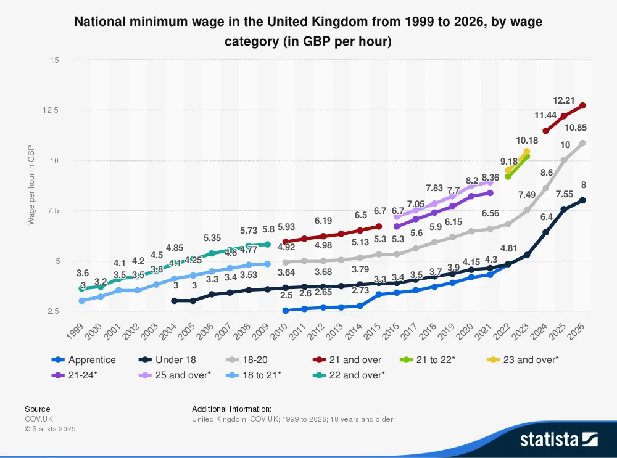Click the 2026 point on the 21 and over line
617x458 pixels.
tap(582, 105)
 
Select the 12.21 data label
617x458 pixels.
tap(564, 100)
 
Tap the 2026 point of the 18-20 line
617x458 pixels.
tap(582, 143)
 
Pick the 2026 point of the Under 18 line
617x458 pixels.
tap(582, 200)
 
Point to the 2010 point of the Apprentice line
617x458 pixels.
tap(285, 311)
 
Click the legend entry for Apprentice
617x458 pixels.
tap(92, 360)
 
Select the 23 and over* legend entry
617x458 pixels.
tap(531, 360)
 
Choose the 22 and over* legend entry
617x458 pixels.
tap(357, 375)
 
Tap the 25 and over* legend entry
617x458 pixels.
tap(183, 375)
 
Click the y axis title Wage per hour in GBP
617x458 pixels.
tap(31, 186)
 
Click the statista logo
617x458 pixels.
tap(558, 439)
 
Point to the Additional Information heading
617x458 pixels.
tap(231, 409)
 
